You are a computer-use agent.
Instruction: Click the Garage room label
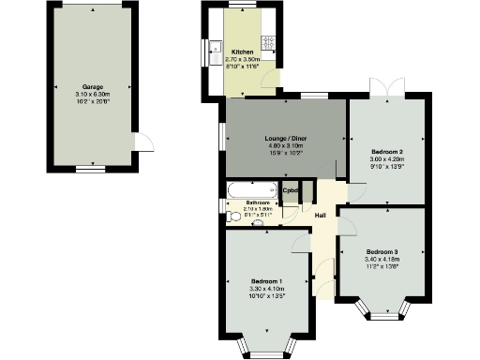(x=91, y=86)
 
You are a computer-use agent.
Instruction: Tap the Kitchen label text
(x=242, y=52)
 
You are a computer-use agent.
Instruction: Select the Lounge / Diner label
(x=287, y=139)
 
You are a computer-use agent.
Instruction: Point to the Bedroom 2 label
(x=386, y=151)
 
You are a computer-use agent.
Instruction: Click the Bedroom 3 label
(x=382, y=252)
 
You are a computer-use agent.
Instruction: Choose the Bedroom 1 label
(x=268, y=281)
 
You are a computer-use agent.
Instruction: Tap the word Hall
(x=320, y=217)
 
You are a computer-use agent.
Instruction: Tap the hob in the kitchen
(x=267, y=42)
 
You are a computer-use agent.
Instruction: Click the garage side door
(x=143, y=142)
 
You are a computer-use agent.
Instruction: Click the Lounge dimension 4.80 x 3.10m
(x=287, y=146)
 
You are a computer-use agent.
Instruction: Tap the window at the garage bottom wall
(x=91, y=169)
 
